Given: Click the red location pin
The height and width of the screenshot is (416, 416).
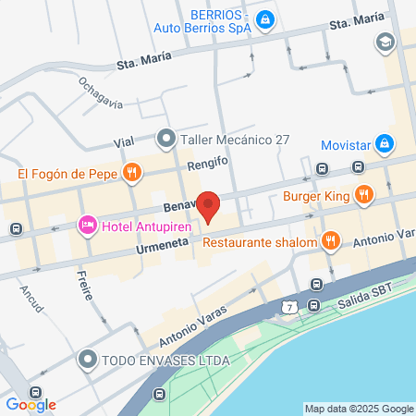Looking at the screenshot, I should [x=209, y=206].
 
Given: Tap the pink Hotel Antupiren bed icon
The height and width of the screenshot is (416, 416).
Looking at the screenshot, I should [x=88, y=225].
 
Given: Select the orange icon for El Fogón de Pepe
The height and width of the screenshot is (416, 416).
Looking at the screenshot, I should [x=133, y=172].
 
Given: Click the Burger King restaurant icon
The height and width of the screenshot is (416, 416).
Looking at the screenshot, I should [x=365, y=194].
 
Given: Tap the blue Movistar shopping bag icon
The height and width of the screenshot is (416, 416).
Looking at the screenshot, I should [x=385, y=145].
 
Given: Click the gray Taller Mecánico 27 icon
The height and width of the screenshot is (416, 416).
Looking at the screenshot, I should [x=166, y=140].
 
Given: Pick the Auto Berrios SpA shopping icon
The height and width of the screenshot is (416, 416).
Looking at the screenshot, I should [x=264, y=18].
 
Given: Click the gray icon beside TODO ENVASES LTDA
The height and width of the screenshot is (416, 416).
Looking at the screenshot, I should [x=88, y=359].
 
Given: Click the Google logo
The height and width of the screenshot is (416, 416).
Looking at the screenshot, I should [x=31, y=404].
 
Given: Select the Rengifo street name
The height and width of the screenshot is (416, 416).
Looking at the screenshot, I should [x=208, y=160].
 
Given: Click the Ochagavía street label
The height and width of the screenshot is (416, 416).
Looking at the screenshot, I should [x=101, y=92].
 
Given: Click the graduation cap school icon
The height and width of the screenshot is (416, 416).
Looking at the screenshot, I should [x=383, y=42].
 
